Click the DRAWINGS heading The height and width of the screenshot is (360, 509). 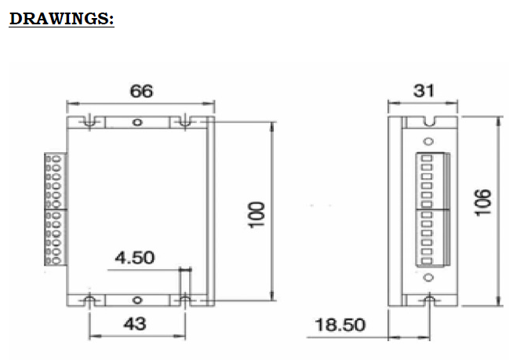[x=62, y=19]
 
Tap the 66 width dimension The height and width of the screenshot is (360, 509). [x=141, y=91]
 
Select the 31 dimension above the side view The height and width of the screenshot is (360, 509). [x=424, y=91]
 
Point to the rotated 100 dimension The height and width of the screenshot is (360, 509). [x=256, y=215]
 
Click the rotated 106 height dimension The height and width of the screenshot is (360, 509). [x=482, y=202]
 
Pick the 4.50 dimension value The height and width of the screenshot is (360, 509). [x=135, y=258]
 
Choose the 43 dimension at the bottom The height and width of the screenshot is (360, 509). [x=135, y=324]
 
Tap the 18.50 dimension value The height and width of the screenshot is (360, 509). [x=340, y=325]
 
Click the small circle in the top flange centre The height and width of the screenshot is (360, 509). [x=137, y=122]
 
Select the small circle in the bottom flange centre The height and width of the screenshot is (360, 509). [x=137, y=300]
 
